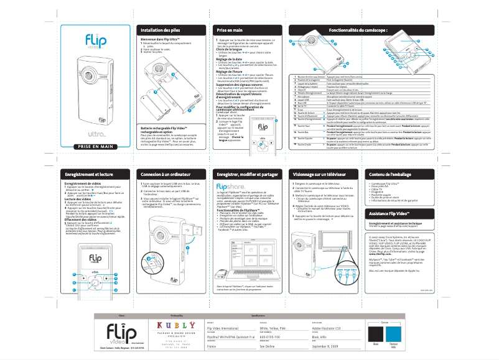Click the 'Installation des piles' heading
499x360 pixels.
coord(161,30)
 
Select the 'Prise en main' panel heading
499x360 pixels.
coord(230,30)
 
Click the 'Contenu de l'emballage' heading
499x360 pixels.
coord(390,175)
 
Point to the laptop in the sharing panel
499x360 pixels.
coord(249,249)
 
